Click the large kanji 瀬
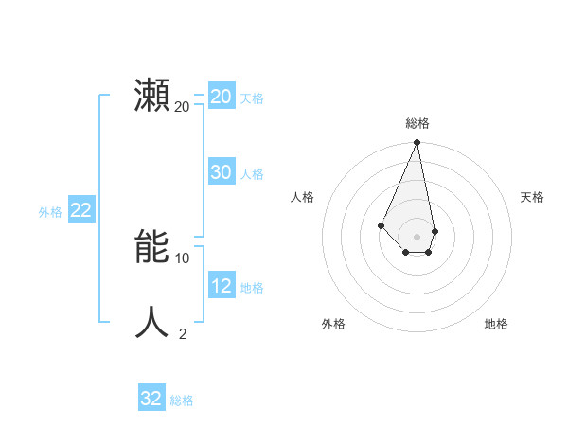coord(151,96)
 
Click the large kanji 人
coord(151,322)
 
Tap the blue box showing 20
coord(221,97)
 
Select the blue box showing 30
coord(221,172)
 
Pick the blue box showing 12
coord(221,286)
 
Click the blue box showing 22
coord(80,210)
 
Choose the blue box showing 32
coord(151,399)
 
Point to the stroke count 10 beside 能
coord(183,258)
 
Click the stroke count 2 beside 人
coord(183,333)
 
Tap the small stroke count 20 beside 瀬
coord(183,106)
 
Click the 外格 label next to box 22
coord(50,212)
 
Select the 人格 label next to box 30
coord(252,174)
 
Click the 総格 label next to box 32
coord(182,400)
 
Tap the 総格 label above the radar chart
coord(417,123)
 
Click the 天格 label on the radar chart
coord(532,197)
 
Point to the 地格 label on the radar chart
coord(496,324)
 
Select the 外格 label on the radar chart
coord(333,324)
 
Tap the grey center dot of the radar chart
coord(417,236)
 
